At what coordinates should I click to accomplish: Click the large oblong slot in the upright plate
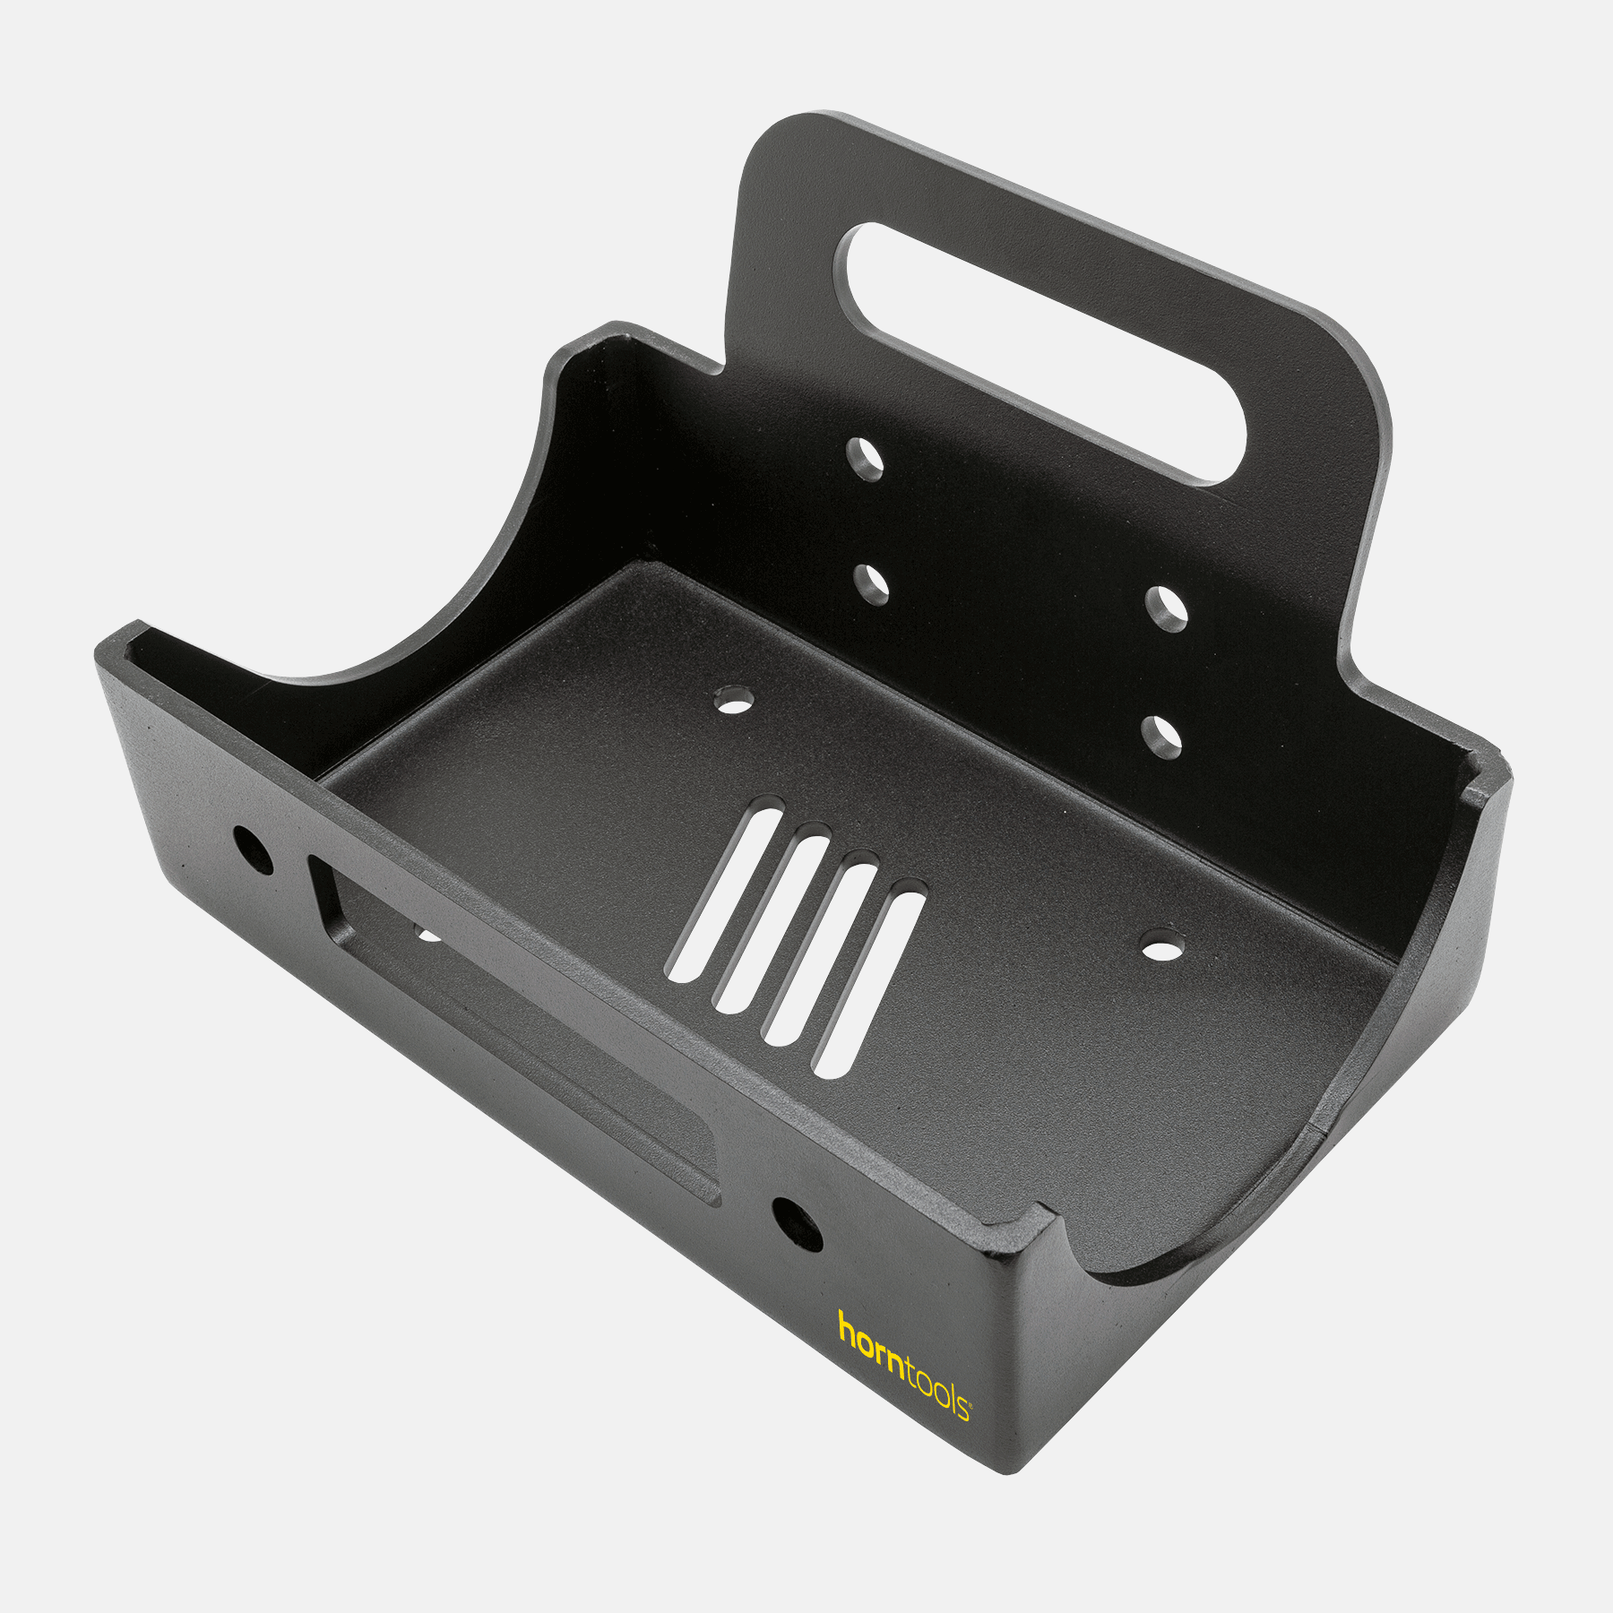pos(1039,354)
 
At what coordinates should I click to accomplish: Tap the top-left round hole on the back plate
pos(866,460)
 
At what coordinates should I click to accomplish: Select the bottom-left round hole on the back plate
pos(871,584)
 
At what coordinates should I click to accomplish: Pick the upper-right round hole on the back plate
pos(1167,609)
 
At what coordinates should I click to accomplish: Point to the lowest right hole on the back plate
pos(1162,737)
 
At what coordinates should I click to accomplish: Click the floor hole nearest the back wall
pos(735,700)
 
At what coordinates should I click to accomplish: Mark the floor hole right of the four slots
pos(1162,946)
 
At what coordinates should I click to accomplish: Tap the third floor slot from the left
pos(821,952)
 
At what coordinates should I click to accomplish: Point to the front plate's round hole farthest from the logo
pos(252,848)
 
